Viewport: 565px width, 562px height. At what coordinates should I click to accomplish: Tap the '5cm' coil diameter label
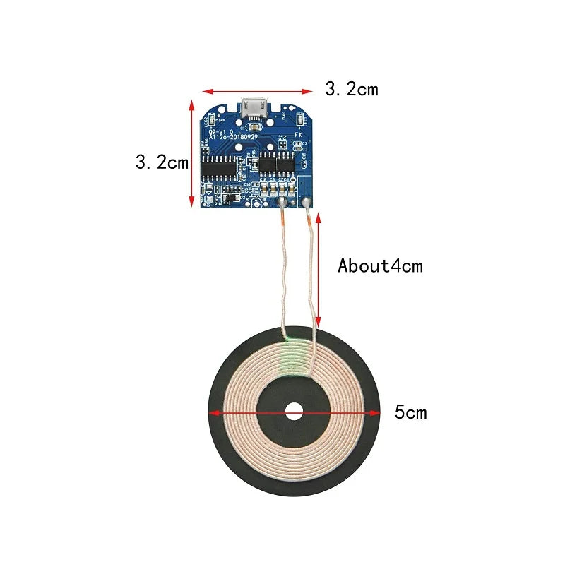pyautogui.click(x=410, y=412)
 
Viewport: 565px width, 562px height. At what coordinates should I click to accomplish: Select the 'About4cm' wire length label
pyautogui.click(x=380, y=266)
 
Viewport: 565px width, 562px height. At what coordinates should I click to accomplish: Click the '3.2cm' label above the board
pyautogui.click(x=351, y=89)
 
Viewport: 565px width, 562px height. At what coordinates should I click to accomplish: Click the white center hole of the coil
pyautogui.click(x=293, y=412)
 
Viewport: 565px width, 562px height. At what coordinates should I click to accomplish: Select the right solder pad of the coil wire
pyautogui.click(x=307, y=205)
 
